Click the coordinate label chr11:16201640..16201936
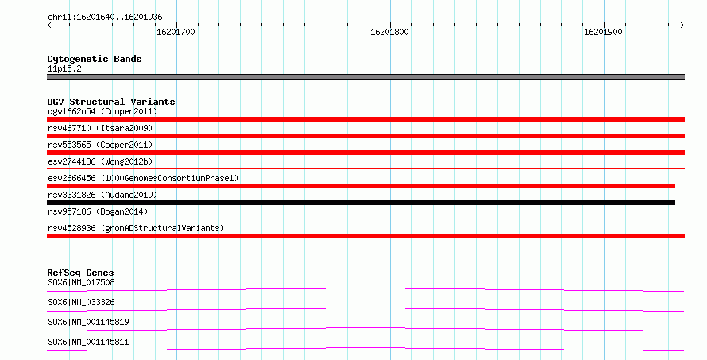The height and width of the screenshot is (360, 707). pos(105,17)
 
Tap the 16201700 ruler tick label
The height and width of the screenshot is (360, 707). pos(176,32)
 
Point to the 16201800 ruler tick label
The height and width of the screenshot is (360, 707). pos(389,32)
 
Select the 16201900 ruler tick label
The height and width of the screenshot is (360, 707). pos(603,32)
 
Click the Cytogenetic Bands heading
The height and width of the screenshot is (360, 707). pos(95,59)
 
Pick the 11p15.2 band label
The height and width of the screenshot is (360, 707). pos(64,69)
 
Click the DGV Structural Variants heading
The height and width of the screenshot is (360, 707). pos(111,102)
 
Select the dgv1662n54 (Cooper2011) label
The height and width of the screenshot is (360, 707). pos(102,111)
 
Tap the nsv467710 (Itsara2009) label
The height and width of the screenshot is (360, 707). pos(100,128)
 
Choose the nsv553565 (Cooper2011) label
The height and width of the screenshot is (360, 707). pos(100,145)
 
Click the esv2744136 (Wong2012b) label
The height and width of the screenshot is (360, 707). pos(100,161)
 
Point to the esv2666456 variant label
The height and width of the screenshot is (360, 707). pos(143,178)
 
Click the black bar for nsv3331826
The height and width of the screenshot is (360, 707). pos(361,203)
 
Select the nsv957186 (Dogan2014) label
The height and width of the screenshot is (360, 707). pos(98,211)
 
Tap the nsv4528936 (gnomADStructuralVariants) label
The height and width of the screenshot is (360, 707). pos(136,228)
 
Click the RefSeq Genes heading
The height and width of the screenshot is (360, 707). pos(81,273)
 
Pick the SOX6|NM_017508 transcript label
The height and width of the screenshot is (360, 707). pos(81,282)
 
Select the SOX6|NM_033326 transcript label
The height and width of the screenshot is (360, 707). pos(81,302)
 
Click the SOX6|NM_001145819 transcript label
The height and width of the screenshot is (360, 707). pos(88,322)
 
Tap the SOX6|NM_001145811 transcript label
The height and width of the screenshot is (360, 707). pos(88,342)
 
